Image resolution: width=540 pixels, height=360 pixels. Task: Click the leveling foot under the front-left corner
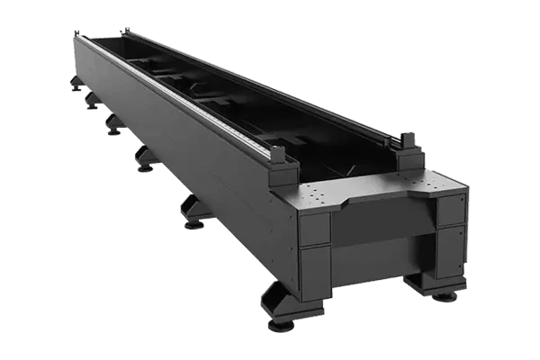282,317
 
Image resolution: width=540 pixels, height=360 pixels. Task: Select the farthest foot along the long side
75,87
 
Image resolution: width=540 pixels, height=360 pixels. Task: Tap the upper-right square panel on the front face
450,210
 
